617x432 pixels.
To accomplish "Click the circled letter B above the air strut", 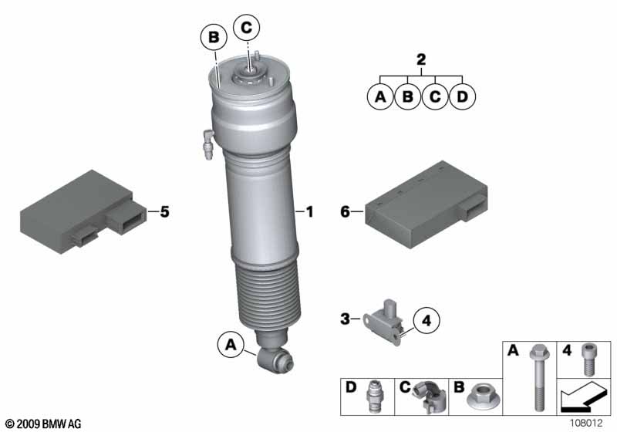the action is [214, 37].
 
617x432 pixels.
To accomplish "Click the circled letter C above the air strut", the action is [246, 28].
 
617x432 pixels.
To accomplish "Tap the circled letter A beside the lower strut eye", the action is [231, 345].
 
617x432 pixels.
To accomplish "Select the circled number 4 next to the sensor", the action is [427, 321].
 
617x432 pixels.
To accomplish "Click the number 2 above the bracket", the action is [421, 60].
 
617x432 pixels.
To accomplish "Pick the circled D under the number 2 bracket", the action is [462, 96].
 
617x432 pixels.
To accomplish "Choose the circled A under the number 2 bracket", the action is [380, 96].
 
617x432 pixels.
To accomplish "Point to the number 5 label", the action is [164, 211].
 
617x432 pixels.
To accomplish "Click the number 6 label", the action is [345, 211].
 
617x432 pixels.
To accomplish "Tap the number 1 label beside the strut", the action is [310, 211].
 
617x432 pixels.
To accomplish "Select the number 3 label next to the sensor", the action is [345, 319].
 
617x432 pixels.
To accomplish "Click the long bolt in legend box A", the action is [538, 377].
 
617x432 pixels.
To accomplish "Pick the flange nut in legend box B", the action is [484, 397].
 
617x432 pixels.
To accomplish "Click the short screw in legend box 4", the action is [588, 359].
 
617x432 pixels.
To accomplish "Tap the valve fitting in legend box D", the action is [373, 396].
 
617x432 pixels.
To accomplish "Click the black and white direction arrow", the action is [583, 397].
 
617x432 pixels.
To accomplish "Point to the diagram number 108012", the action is [586, 423].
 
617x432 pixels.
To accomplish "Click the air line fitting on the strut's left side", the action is [207, 144].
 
